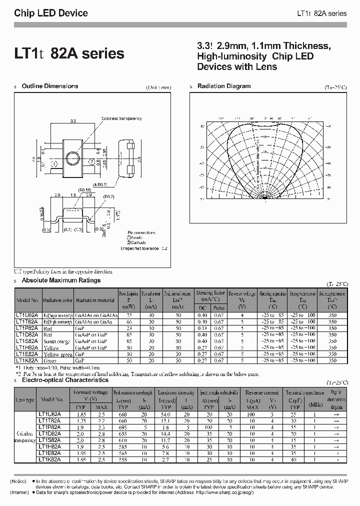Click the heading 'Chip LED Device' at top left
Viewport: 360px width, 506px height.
click(51, 13)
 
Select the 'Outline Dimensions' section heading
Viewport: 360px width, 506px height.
click(50, 86)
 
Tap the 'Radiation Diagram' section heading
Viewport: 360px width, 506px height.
click(223, 86)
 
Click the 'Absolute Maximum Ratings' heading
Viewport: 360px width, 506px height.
click(61, 280)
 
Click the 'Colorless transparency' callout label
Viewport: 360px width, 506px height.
click(121, 118)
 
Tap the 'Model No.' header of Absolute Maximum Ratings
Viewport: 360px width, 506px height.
click(27, 300)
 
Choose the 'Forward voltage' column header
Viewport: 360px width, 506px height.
click(89, 392)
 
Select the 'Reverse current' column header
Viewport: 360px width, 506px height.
click(262, 392)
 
